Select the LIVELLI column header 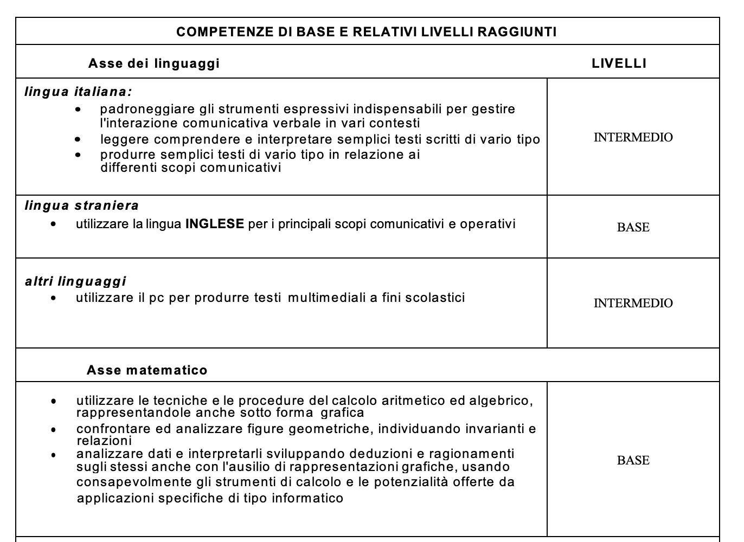click(x=619, y=63)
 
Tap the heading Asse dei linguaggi click(x=153, y=63)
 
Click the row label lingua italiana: click(x=79, y=92)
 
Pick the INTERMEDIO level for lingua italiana click(x=633, y=138)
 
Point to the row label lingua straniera click(x=82, y=205)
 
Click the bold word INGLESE click(x=215, y=224)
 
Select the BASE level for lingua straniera click(x=633, y=228)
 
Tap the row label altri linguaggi click(x=75, y=281)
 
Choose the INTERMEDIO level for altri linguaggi click(x=633, y=304)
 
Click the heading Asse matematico click(x=147, y=370)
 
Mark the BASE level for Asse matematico click(x=633, y=461)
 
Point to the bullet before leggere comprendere click(x=79, y=140)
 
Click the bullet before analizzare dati click(x=53, y=455)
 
